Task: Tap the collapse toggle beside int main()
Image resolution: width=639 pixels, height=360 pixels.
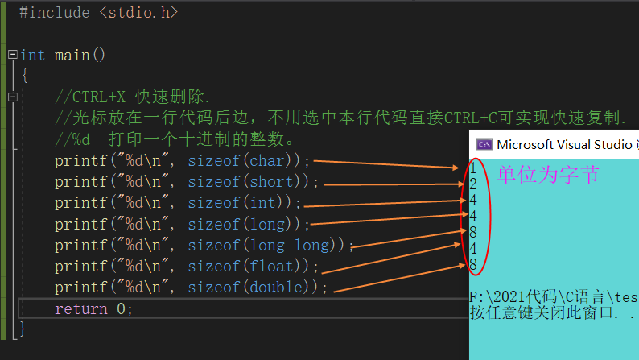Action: (x=11, y=55)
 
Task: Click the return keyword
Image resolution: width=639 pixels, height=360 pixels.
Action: (x=80, y=308)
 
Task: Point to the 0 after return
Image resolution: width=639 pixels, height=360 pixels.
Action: (x=121, y=308)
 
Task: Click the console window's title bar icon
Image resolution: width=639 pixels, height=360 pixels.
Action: (x=484, y=145)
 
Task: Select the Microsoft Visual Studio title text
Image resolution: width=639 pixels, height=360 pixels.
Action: (x=563, y=145)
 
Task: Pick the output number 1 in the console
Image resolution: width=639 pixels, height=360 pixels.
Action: (x=474, y=168)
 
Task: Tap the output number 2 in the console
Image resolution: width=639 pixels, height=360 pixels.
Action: (x=474, y=184)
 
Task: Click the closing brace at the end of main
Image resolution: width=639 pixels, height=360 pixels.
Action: (x=23, y=329)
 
